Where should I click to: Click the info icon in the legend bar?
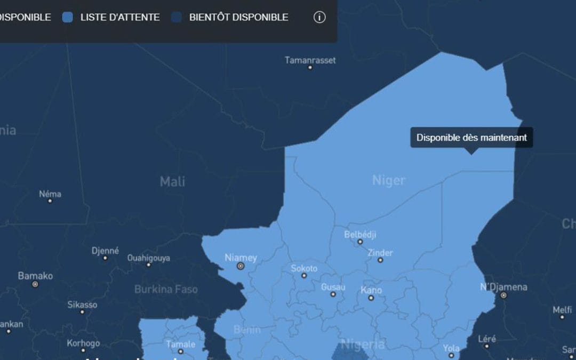point(319,17)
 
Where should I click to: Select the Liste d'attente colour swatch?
point(68,17)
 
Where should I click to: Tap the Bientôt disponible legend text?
point(238,17)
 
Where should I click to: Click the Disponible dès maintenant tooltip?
point(471,138)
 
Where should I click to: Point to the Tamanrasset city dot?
point(310,68)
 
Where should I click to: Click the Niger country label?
point(389,180)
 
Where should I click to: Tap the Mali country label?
point(172,181)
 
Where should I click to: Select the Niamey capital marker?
point(241,266)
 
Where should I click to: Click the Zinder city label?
point(380,252)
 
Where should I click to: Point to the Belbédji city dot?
point(360,242)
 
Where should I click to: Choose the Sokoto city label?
point(304,268)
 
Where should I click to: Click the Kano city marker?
point(371,298)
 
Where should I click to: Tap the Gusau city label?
point(333,287)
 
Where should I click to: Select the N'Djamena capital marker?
point(503,295)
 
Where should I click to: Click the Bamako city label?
point(35,276)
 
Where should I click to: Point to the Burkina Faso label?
point(166,290)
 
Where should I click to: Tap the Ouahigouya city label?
point(149,258)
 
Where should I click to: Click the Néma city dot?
point(50,201)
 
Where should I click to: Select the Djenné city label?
point(105,250)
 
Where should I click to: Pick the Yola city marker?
point(451,355)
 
